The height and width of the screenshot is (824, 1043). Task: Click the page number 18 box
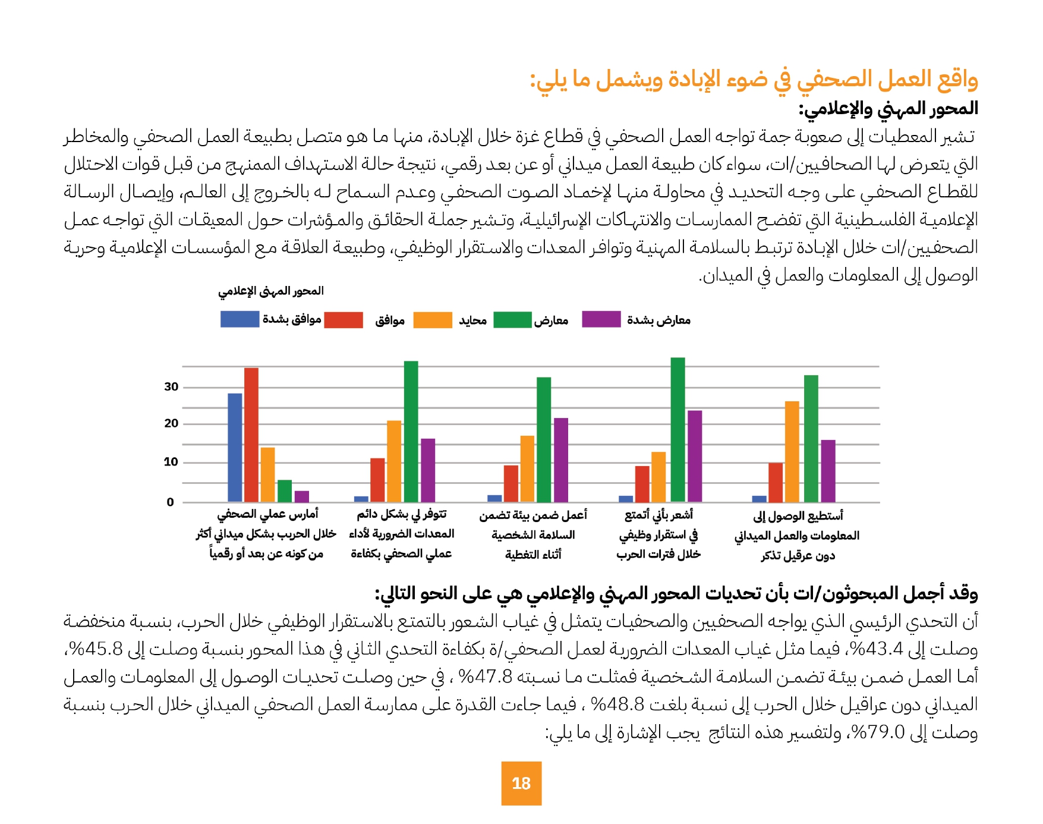[521, 783]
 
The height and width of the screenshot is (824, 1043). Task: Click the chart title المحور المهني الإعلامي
[271, 291]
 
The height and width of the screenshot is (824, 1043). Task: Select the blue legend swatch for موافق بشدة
[240, 319]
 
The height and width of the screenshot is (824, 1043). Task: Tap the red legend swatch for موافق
[344, 320]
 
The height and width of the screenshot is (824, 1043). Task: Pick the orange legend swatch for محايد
[432, 320]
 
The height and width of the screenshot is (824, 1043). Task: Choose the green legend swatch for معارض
[512, 320]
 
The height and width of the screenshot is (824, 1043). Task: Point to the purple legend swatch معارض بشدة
[601, 319]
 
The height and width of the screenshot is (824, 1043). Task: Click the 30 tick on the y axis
[171, 387]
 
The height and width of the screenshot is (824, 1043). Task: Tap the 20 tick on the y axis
[171, 424]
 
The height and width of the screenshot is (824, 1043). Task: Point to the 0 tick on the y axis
[171, 502]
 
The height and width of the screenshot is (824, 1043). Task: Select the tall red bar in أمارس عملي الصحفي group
[251, 435]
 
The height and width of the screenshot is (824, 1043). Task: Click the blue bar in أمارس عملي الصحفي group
[235, 447]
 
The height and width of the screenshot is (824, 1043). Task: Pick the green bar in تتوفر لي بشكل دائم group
[411, 431]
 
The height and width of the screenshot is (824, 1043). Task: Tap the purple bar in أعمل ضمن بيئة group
[560, 460]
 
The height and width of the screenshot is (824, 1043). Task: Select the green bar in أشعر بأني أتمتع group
[678, 429]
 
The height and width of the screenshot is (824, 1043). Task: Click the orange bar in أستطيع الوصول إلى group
[792, 451]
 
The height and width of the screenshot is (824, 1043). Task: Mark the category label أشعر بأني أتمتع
[658, 515]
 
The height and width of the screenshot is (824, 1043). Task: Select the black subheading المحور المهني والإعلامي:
[888, 108]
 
